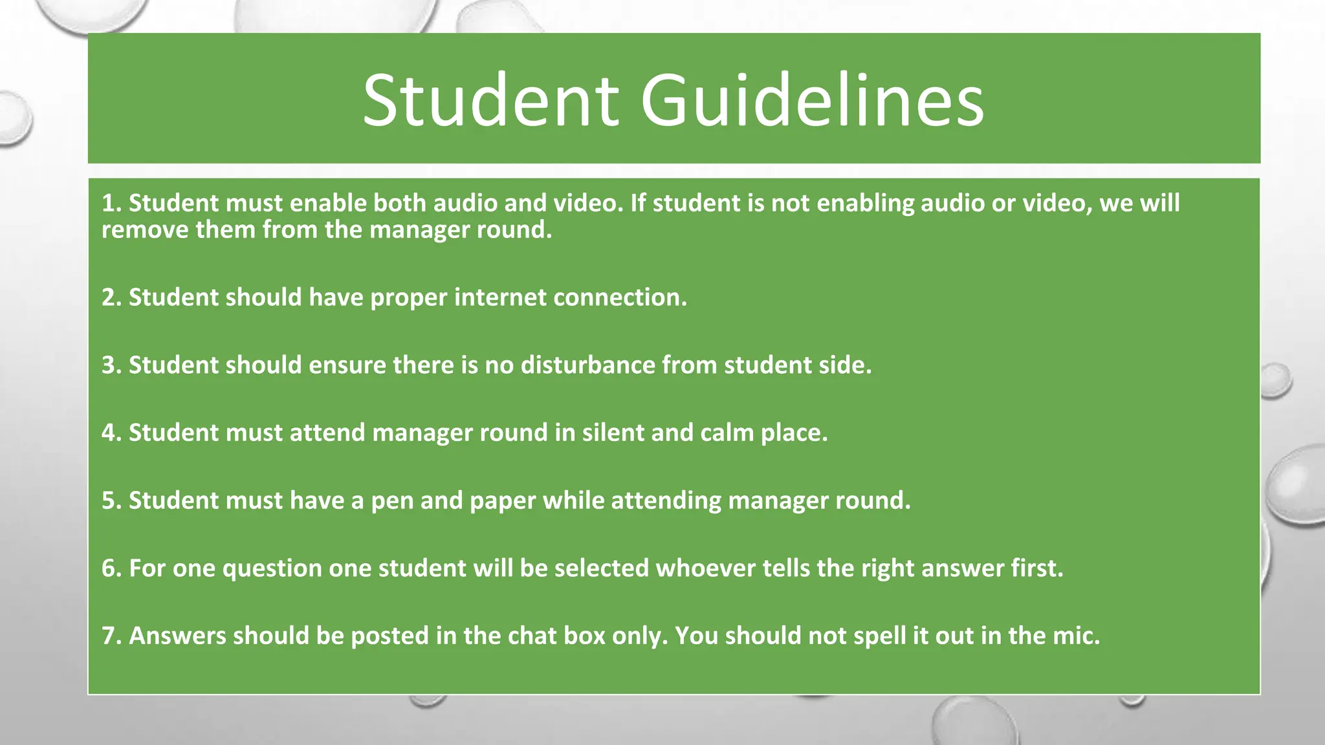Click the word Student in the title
point(490,101)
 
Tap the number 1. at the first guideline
point(111,204)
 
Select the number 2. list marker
point(111,297)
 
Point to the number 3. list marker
point(111,365)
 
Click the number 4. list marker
point(111,433)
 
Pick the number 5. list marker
point(111,501)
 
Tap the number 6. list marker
point(111,568)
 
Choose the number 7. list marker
point(111,636)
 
